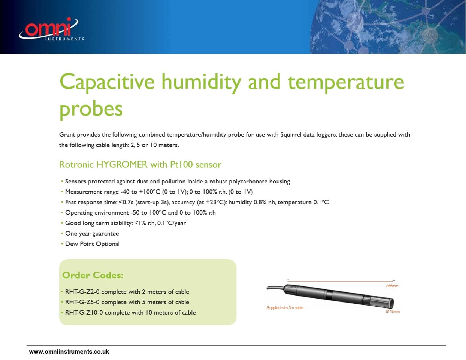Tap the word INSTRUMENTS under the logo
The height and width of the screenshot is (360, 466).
[x=65, y=39]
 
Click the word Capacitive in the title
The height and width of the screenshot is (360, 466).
[x=107, y=82]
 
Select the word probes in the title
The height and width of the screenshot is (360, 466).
[x=91, y=109]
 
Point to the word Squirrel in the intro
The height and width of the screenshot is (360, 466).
[x=293, y=135]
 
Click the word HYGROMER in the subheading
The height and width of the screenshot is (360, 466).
[x=122, y=164]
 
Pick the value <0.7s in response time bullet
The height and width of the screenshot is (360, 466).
[x=126, y=202]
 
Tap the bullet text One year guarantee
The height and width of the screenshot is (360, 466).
[x=92, y=234]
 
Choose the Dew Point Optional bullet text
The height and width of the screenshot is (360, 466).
[x=92, y=244]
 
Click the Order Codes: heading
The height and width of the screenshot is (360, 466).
[x=93, y=275]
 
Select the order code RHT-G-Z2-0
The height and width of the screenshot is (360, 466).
[x=82, y=292]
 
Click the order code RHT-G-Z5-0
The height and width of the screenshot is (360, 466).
[x=82, y=302]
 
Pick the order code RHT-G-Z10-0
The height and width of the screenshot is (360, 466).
[x=84, y=313]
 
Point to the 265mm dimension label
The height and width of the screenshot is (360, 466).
[x=392, y=286]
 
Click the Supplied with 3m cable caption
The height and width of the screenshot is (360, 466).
[x=285, y=308]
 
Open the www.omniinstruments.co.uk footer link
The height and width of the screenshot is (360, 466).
[x=69, y=352]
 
